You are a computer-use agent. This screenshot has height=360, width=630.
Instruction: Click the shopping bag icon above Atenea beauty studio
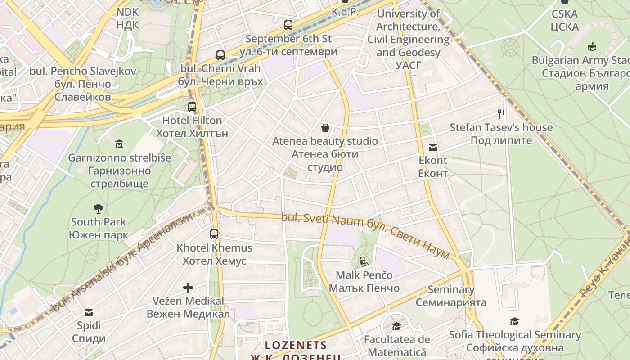pyautogui.click(x=325, y=128)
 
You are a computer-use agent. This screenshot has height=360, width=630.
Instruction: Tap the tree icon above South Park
pyautogui.click(x=99, y=208)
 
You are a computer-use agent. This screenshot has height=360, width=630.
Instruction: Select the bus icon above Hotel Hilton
pyautogui.click(x=192, y=107)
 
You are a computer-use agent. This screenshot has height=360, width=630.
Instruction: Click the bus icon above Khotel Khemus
pyautogui.click(x=214, y=234)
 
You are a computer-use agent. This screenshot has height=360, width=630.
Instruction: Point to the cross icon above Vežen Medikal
pyautogui.click(x=188, y=287)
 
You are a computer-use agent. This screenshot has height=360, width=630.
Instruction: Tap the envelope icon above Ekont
pyautogui.click(x=433, y=147)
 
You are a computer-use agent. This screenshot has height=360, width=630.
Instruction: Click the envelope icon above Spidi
pyautogui.click(x=89, y=312)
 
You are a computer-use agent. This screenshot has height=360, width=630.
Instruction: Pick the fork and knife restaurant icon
pyautogui.click(x=501, y=114)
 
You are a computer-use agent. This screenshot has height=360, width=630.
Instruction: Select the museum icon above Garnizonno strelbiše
pyautogui.click(x=119, y=144)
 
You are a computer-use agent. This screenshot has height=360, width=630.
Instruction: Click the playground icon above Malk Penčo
pyautogui.click(x=364, y=261)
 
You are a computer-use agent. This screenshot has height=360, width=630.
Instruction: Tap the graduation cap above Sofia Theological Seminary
pyautogui.click(x=514, y=321)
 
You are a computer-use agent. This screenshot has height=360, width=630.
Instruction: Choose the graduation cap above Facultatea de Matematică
pyautogui.click(x=396, y=326)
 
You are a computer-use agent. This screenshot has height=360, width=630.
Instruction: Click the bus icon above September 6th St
pyautogui.click(x=288, y=25)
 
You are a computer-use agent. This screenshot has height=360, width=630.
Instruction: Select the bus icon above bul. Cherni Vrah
pyautogui.click(x=220, y=55)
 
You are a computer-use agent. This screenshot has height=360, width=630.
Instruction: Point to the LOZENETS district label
pyautogui.click(x=296, y=345)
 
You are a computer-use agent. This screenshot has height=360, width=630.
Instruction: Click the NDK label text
pyautogui.click(x=128, y=12)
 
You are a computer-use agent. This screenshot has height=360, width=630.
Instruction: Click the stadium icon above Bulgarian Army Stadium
pyautogui.click(x=592, y=46)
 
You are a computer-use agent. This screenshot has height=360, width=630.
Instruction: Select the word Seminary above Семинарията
pyautogui.click(x=451, y=289)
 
